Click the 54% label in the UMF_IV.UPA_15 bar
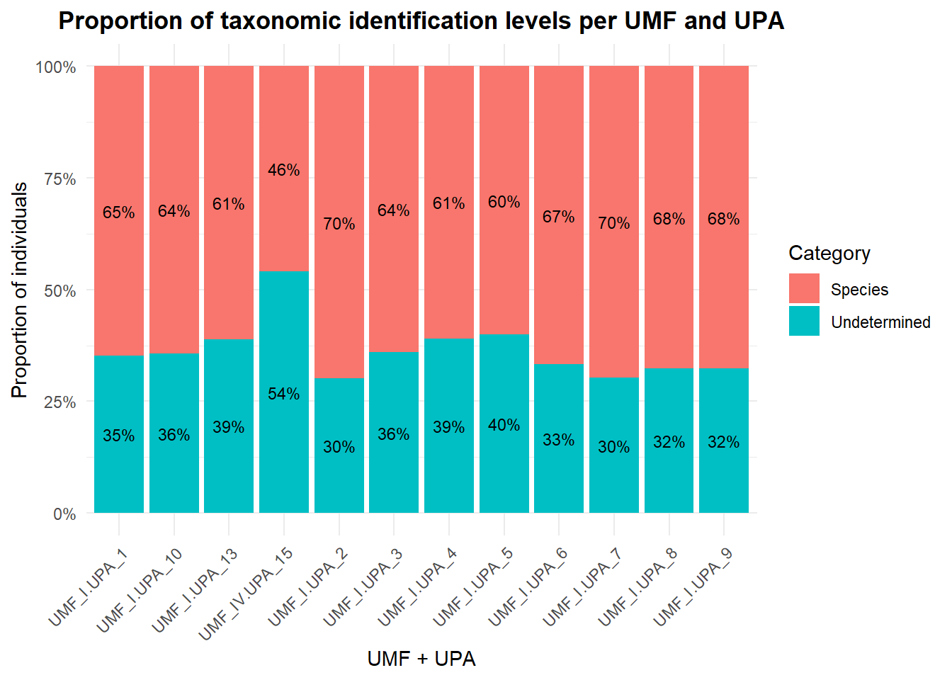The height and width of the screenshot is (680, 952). click(x=283, y=394)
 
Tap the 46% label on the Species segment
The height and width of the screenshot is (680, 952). click(x=283, y=170)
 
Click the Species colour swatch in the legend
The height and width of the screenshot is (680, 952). click(x=804, y=289)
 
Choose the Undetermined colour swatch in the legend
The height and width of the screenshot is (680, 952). click(x=804, y=322)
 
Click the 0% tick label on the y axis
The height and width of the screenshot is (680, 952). click(x=64, y=514)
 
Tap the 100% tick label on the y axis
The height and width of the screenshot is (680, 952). click(x=56, y=67)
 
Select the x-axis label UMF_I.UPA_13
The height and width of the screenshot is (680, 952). click(x=195, y=590)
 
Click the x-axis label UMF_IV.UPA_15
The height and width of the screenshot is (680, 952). click(x=246, y=594)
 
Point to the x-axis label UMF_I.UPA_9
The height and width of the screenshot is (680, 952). click(x=693, y=587)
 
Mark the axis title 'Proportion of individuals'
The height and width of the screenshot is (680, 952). click(x=20, y=290)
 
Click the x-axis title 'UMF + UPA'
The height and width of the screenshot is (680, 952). click(x=421, y=659)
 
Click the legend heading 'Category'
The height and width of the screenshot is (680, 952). click(x=829, y=254)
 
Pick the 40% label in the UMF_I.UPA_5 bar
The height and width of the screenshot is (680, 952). click(x=504, y=425)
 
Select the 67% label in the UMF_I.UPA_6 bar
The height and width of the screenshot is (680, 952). click(x=559, y=217)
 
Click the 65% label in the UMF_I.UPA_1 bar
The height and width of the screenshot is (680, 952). click(x=118, y=212)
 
